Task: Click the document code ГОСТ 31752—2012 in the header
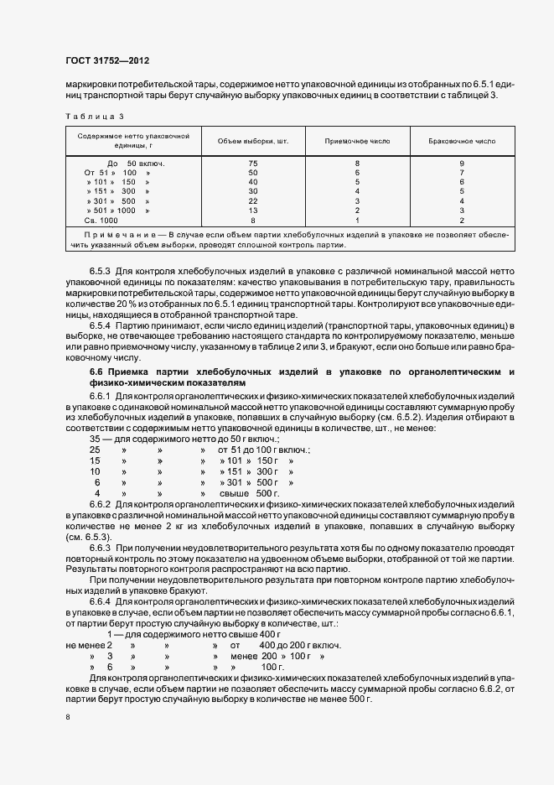(x=106, y=61)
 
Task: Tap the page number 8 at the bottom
(x=68, y=717)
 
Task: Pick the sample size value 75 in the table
(x=252, y=162)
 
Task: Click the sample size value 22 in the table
(x=252, y=200)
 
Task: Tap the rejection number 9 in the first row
(x=462, y=162)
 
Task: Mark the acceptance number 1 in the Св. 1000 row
(x=357, y=220)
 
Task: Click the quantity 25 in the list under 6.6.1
(x=96, y=450)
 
